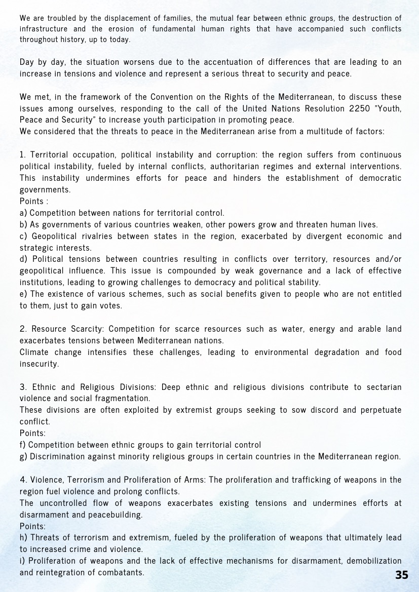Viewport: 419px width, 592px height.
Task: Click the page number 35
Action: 401,575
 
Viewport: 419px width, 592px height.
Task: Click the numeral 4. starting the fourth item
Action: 23,480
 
